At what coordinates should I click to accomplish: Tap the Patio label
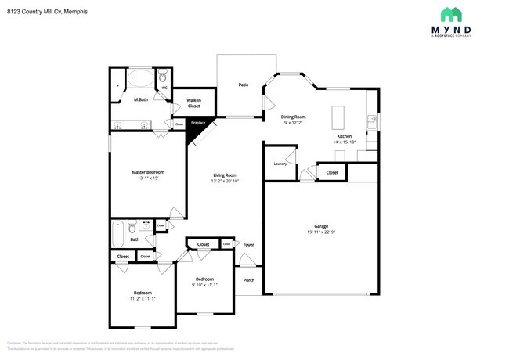coord(244,85)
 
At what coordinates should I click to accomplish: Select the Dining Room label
coord(294,117)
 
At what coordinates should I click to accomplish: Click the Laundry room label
coord(280,164)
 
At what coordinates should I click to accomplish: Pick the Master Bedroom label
coord(147,172)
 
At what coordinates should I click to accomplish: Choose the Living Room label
coord(224,175)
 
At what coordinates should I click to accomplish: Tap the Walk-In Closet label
coord(193,103)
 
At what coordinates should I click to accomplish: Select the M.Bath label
coord(142,99)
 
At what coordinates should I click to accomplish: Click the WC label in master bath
coord(165,88)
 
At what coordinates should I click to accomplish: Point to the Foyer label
coord(248,245)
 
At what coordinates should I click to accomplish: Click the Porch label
coord(248,280)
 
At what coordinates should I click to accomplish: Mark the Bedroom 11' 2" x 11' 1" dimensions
coord(143,299)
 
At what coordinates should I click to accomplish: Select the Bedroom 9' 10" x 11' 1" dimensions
coord(204,285)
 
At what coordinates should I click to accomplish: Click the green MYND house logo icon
coord(451,15)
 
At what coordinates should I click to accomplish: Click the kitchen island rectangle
coord(339,117)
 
